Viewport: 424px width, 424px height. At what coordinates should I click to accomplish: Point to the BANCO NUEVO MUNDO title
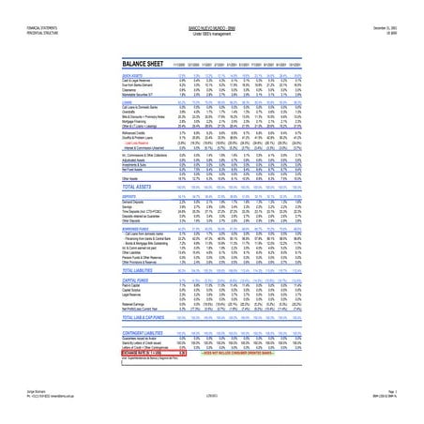(x=211, y=6)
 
